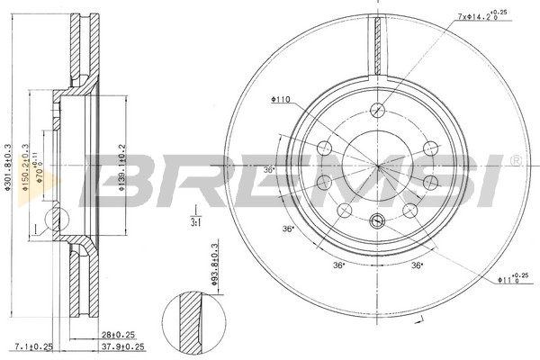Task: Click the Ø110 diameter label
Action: coord(278,100)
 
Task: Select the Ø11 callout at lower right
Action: coord(509,280)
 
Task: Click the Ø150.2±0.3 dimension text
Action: coord(27,167)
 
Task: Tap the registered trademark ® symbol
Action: coord(514,161)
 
